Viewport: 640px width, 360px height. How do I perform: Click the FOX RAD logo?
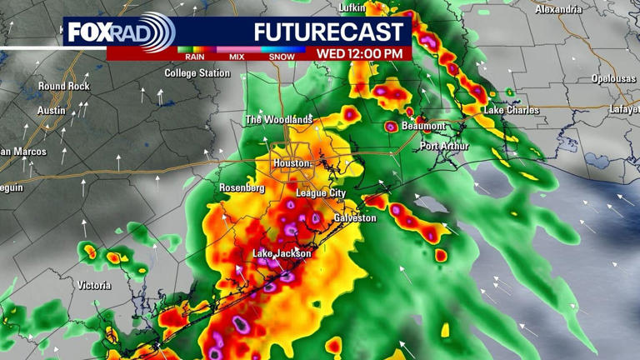(x=118, y=32)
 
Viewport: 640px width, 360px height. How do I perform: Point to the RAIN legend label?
(x=195, y=57)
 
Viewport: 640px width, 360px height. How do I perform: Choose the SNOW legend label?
(x=282, y=57)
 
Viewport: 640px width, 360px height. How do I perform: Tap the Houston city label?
(x=292, y=163)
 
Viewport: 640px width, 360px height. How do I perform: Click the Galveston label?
(x=355, y=218)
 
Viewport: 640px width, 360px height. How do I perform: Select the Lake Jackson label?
(x=282, y=253)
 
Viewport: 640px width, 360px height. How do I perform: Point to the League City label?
(x=321, y=193)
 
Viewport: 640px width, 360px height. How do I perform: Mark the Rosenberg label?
(x=242, y=188)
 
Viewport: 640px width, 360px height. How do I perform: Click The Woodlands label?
(x=278, y=120)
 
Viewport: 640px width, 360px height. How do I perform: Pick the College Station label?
(x=197, y=73)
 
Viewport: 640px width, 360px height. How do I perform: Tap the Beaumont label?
(x=423, y=126)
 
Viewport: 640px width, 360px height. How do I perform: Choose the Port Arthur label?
(x=444, y=147)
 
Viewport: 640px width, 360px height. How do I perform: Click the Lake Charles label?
(x=511, y=110)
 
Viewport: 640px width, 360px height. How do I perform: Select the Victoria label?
(x=93, y=286)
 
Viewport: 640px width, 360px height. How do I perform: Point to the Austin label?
(x=52, y=111)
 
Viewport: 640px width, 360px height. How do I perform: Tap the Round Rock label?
(x=63, y=86)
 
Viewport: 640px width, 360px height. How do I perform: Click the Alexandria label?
(x=558, y=9)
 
